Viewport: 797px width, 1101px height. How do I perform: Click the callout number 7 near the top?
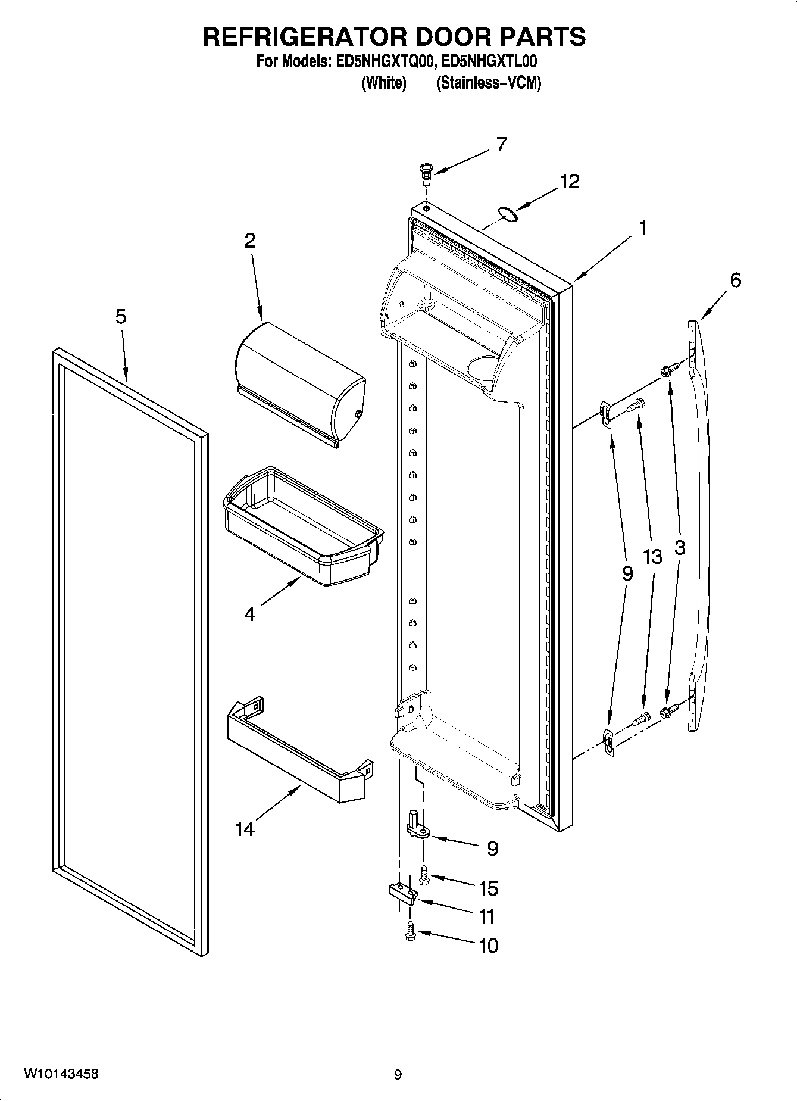point(501,144)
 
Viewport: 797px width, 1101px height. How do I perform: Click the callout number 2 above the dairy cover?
point(249,241)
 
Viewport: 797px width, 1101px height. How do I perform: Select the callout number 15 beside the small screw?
point(488,888)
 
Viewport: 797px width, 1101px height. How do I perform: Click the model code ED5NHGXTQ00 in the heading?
point(382,61)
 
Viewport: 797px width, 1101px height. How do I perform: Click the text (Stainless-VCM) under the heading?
point(489,83)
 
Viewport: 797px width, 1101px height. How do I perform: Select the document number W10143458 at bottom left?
point(61,1074)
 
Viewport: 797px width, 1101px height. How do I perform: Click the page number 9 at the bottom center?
point(398,1075)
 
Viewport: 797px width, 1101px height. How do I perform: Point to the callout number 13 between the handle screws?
point(652,557)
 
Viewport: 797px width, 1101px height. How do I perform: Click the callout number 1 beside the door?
point(643,227)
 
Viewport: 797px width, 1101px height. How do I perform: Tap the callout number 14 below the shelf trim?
point(244,828)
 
